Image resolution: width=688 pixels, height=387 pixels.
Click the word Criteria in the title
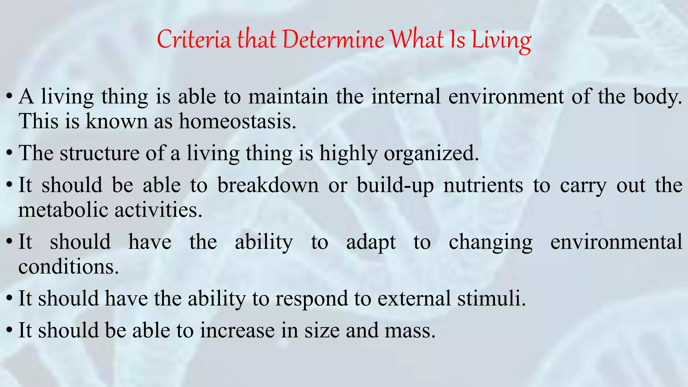(194, 40)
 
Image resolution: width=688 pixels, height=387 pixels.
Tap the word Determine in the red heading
(333, 40)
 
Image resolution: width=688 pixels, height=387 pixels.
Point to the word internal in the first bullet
(405, 97)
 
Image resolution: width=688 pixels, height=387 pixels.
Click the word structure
(99, 153)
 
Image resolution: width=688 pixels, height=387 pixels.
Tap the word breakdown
(268, 185)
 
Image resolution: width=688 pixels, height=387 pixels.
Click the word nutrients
(483, 185)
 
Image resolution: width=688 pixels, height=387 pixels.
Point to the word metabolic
(63, 210)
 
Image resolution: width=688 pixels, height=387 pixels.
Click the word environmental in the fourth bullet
(616, 242)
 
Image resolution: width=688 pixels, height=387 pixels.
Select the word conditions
(69, 267)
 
